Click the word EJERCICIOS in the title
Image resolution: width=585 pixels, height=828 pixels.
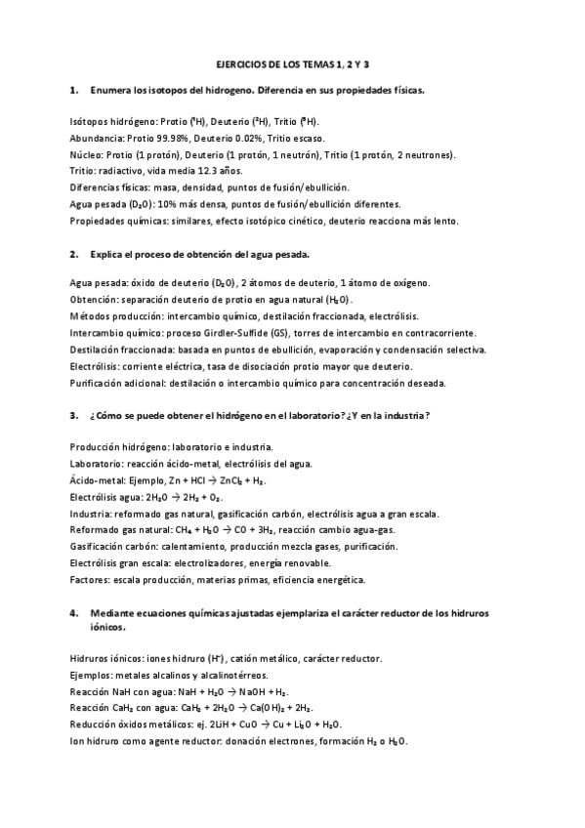click(x=239, y=64)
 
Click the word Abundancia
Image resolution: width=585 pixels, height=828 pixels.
click(x=97, y=139)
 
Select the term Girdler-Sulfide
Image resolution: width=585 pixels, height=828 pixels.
click(x=263, y=332)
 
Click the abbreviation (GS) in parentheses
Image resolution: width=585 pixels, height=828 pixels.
click(x=307, y=332)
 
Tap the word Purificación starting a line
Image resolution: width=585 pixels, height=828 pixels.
click(x=100, y=382)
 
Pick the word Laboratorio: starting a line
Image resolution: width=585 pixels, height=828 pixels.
click(x=101, y=464)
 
